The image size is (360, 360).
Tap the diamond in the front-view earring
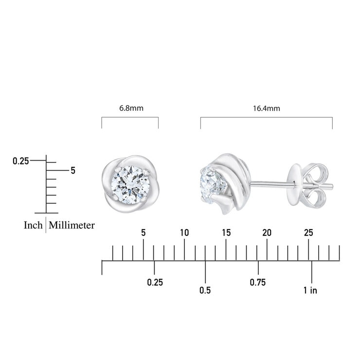129,184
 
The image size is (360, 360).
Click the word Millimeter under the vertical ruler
72,225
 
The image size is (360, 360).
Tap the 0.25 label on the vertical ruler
21,161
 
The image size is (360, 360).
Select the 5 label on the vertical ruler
73,171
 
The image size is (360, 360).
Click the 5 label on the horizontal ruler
143,233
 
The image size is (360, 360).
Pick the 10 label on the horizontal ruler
184,233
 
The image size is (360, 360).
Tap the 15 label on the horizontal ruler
226,233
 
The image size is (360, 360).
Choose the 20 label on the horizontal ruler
267,233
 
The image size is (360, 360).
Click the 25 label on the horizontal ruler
308,233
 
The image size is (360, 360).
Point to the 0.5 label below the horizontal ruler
205,290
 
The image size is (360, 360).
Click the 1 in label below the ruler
310,290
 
